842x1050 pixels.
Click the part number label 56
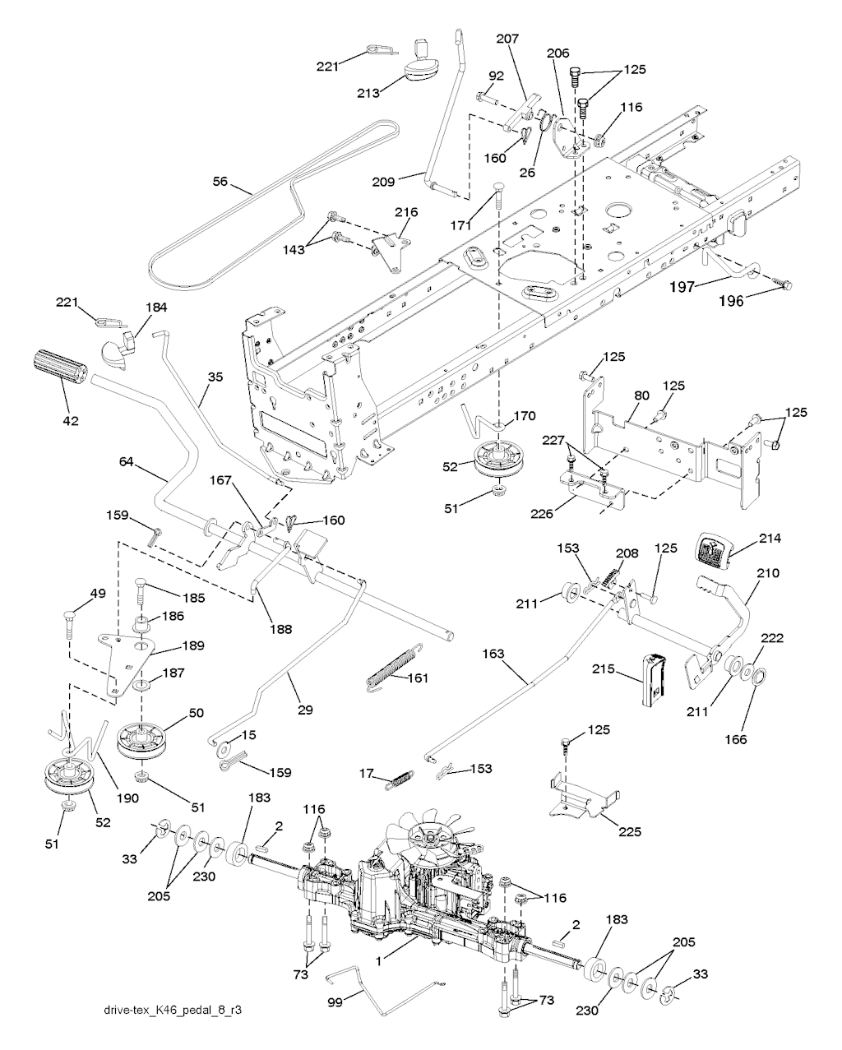click(x=220, y=182)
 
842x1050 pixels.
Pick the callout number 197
click(x=682, y=288)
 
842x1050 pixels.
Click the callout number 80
click(x=642, y=395)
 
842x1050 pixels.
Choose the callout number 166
click(x=736, y=739)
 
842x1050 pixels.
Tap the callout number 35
click(x=215, y=377)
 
